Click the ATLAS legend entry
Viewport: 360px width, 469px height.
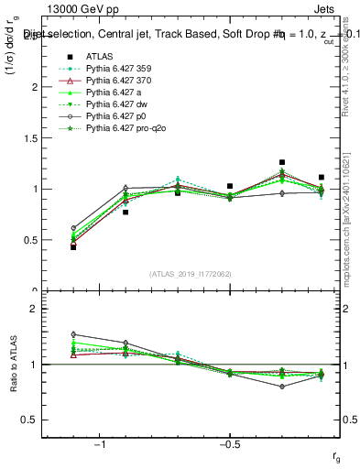(100, 57)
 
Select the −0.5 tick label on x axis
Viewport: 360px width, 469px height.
(229, 445)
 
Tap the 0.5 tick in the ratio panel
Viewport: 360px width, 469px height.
(38, 420)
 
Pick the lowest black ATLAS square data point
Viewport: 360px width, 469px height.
(73, 247)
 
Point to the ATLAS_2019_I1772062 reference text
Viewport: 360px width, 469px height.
(191, 274)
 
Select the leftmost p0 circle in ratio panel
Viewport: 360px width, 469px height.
(73, 334)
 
